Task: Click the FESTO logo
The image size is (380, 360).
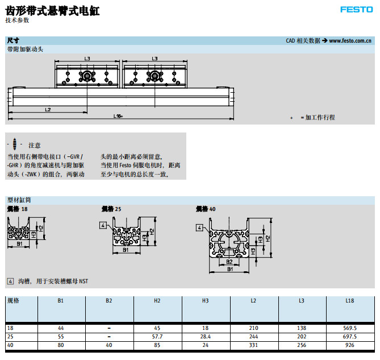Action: (356, 9)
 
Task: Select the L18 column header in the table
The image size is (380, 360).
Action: (350, 300)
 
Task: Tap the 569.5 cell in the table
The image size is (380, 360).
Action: (350, 328)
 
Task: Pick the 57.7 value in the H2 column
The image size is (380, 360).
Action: (157, 337)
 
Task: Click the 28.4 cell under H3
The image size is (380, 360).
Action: (206, 337)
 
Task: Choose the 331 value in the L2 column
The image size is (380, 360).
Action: (254, 345)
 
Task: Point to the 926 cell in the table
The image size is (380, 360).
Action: (350, 345)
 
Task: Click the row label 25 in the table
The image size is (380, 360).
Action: (11, 337)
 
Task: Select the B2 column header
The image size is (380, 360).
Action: (109, 300)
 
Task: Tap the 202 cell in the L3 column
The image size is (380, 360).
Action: (302, 337)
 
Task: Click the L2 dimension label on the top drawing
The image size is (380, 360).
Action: (48, 109)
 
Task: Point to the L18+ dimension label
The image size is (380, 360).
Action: (118, 116)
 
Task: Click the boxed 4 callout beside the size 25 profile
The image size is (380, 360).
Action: (103, 226)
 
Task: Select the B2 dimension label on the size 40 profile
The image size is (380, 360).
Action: (228, 262)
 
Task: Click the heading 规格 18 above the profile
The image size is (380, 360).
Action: (17, 209)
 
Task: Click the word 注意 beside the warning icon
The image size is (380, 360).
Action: (34, 146)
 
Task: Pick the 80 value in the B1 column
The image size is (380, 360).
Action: (61, 345)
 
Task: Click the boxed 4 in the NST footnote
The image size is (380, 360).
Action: (10, 281)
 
